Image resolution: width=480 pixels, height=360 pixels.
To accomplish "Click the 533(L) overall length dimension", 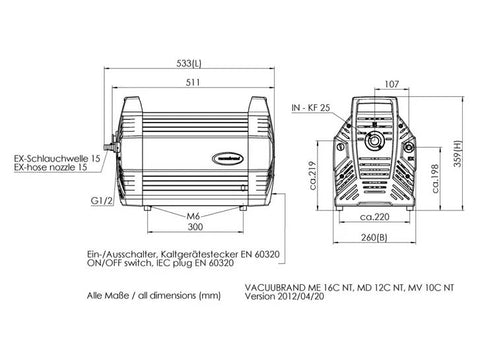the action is (189, 63).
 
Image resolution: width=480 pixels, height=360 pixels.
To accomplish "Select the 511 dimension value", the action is (193, 82).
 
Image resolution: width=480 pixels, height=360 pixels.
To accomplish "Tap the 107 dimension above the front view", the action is (392, 84).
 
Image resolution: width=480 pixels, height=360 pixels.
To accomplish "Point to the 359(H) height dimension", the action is (459, 153).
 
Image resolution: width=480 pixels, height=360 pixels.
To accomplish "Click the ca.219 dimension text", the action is (312, 175).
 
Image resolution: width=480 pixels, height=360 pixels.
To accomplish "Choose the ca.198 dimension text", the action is (435, 179).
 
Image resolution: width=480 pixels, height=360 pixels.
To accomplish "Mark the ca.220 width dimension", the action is (375, 217).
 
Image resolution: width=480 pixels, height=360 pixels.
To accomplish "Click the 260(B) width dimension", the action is (374, 237).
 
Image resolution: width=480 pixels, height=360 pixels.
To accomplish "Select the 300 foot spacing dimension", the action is (195, 227).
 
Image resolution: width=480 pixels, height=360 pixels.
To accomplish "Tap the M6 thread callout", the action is (193, 217).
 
